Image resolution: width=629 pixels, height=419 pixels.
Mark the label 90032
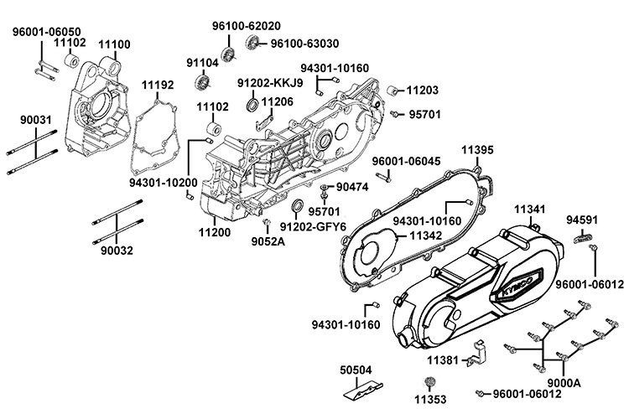pos(117,250)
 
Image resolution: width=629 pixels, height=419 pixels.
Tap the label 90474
pos(351,186)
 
